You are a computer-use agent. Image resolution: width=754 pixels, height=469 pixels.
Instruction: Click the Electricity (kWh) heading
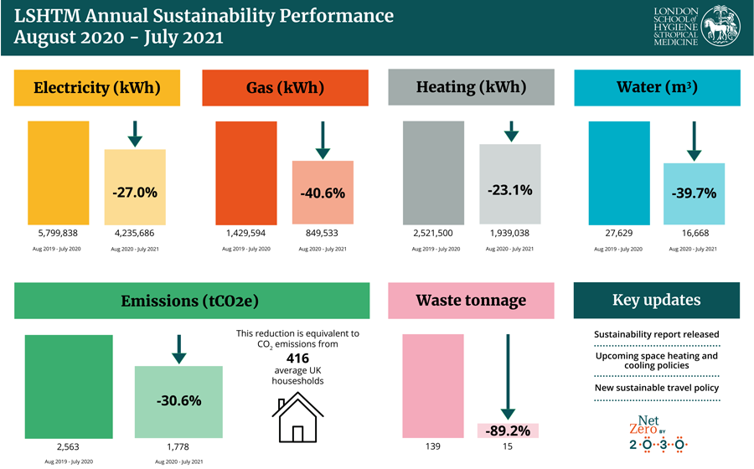click(x=97, y=88)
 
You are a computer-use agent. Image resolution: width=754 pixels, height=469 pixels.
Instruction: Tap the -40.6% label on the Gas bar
click(x=323, y=192)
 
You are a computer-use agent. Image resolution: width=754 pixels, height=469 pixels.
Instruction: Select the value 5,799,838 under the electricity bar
click(x=59, y=234)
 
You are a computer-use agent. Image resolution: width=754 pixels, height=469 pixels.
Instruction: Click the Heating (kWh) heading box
click(x=471, y=87)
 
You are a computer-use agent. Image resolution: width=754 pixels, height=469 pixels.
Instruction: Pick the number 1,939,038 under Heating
click(x=509, y=234)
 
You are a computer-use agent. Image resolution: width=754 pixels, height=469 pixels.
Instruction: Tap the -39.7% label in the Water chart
click(x=694, y=193)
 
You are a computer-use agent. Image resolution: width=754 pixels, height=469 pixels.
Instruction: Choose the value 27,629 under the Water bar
click(x=618, y=234)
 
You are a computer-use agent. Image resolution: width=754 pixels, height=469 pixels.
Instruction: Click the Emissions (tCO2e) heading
click(x=191, y=301)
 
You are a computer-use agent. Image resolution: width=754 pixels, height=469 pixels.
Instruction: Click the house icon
click(x=297, y=418)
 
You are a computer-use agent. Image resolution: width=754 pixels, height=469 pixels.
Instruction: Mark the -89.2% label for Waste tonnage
click(x=507, y=430)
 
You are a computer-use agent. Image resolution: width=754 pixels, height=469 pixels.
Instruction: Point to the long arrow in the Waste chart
click(x=507, y=377)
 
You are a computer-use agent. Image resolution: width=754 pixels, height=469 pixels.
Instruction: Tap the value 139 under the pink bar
click(x=433, y=447)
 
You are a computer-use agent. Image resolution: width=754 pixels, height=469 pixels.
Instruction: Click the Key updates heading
click(x=656, y=301)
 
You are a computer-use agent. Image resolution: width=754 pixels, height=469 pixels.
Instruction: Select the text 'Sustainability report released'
click(x=656, y=334)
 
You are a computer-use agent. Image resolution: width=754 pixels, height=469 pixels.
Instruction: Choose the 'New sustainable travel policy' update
click(x=656, y=388)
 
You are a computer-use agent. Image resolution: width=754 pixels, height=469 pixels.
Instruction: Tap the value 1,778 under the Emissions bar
click(x=178, y=447)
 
